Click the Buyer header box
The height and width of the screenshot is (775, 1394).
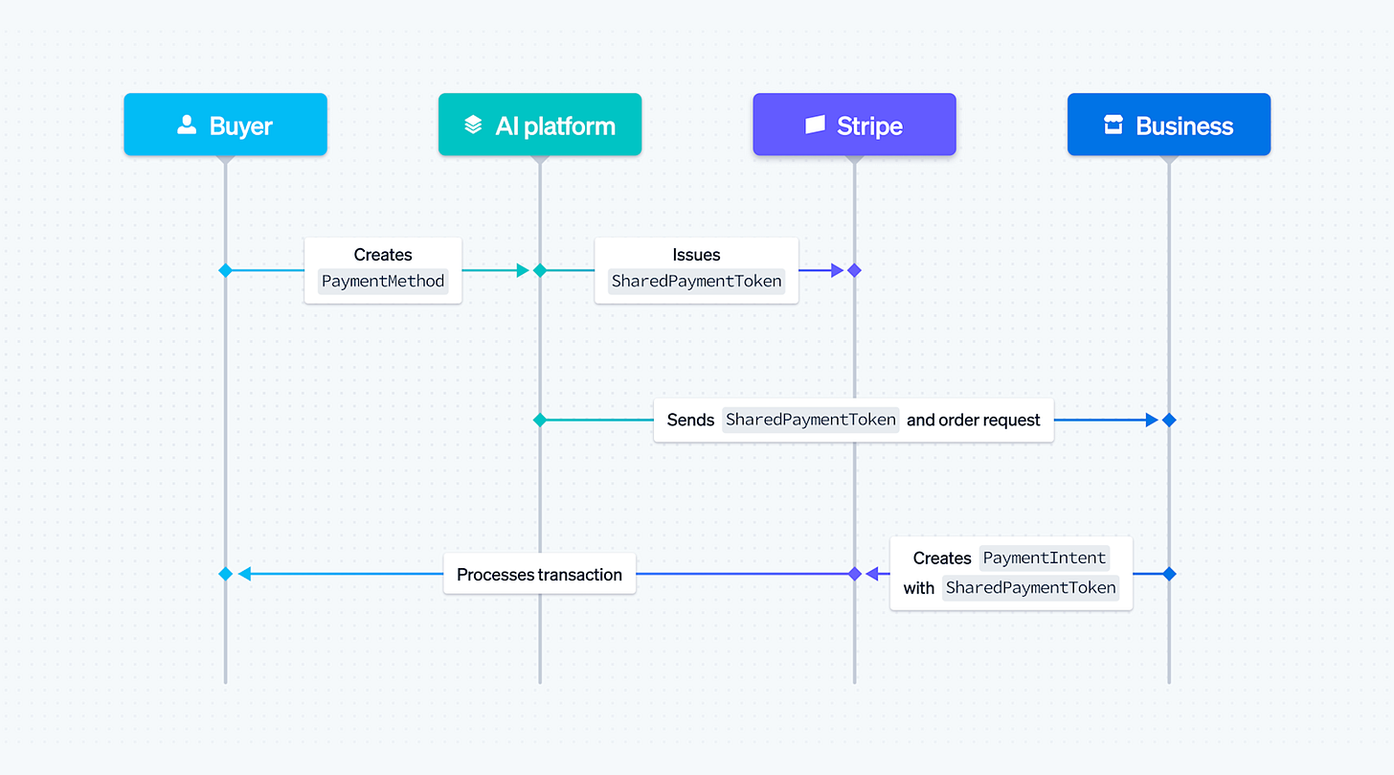click(225, 125)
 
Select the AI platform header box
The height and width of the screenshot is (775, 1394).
click(539, 125)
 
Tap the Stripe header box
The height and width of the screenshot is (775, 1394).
click(854, 125)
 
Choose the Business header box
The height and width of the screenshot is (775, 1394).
click(1168, 125)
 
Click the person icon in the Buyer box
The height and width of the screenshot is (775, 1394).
click(187, 125)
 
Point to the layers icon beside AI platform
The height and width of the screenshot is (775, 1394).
click(473, 125)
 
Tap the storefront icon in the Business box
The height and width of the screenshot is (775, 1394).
click(1113, 125)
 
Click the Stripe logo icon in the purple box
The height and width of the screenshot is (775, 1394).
click(815, 125)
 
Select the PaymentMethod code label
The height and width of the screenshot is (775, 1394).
click(383, 282)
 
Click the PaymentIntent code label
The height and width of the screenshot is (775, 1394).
click(1044, 558)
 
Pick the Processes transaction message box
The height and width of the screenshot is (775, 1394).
click(539, 574)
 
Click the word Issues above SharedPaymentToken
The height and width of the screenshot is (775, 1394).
click(696, 255)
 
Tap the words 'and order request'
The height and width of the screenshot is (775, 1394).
click(973, 420)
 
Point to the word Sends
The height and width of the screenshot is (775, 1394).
click(690, 420)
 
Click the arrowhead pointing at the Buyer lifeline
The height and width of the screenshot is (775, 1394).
click(244, 574)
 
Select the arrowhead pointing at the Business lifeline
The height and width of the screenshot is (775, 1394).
click(1152, 420)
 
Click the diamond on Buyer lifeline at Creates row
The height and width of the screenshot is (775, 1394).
click(225, 270)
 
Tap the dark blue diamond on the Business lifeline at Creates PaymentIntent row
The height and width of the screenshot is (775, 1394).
click(1168, 574)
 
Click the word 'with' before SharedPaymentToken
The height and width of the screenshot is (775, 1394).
click(918, 588)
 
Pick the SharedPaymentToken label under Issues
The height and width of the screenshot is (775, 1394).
click(696, 282)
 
